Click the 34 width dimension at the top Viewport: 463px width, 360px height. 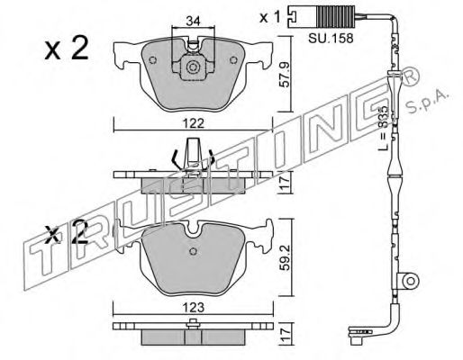coord(193,21)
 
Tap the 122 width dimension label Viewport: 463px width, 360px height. coord(194,123)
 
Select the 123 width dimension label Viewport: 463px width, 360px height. coord(194,307)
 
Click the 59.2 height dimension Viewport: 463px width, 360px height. coord(285,256)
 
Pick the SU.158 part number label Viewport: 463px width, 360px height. coord(331,39)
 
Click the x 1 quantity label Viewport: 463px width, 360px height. coord(270,17)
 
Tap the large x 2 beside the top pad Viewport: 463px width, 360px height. coord(67,48)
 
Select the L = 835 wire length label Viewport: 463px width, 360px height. coord(383,128)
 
